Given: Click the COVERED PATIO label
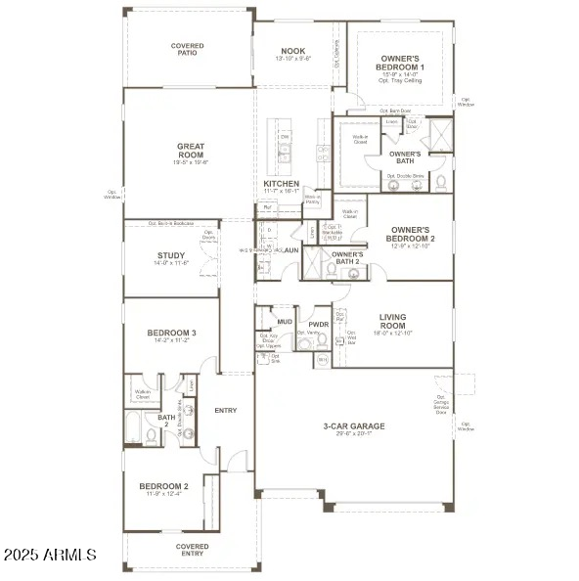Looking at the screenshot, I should click(x=188, y=49).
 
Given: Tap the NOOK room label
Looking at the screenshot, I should click(x=293, y=51).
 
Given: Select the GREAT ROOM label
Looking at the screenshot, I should click(x=191, y=151).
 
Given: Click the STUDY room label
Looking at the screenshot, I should click(x=171, y=258).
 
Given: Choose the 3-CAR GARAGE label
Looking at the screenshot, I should click(x=354, y=426).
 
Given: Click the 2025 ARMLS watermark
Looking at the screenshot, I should click(x=49, y=555).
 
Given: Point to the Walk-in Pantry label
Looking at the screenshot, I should click(x=313, y=200).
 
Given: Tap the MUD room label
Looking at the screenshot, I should click(x=285, y=321).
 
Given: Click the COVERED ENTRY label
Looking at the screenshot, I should click(x=192, y=550).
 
